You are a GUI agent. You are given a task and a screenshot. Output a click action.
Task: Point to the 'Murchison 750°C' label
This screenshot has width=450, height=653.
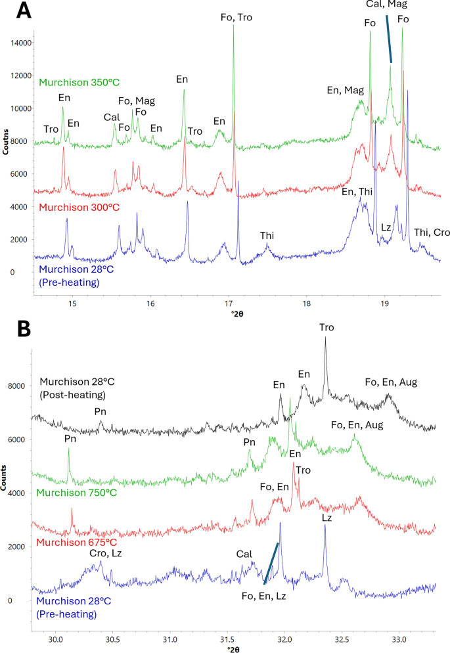pyautogui.click(x=77, y=493)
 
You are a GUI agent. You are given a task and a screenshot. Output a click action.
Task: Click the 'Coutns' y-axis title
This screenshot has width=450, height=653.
pyautogui.click(x=6, y=142)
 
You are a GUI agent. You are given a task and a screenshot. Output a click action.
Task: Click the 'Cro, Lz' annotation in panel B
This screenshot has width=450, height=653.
pyautogui.click(x=105, y=553)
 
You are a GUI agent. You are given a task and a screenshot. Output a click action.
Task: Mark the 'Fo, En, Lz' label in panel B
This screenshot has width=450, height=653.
pyautogui.click(x=268, y=596)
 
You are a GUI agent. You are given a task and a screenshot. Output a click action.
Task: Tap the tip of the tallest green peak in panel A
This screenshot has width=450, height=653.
pyautogui.click(x=233, y=26)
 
